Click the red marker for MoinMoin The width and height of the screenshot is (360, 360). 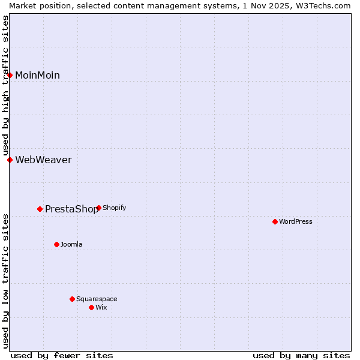(x=10, y=75)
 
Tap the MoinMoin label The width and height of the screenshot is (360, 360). (x=37, y=75)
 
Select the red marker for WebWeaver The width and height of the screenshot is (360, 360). (x=10, y=160)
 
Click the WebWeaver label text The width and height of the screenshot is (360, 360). (x=43, y=160)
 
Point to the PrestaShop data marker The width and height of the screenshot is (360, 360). (x=40, y=209)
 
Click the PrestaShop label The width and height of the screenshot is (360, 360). (x=71, y=209)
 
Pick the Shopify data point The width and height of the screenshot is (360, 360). (x=98, y=208)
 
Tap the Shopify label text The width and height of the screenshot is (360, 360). (x=114, y=208)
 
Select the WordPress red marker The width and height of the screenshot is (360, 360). (x=275, y=221)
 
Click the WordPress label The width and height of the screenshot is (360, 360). (x=295, y=221)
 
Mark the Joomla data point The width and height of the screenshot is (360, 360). (x=57, y=244)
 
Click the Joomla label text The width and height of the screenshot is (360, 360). (x=71, y=244)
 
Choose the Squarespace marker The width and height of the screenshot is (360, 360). (x=72, y=299)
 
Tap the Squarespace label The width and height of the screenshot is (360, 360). (x=97, y=299)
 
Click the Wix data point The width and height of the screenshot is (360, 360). (x=91, y=307)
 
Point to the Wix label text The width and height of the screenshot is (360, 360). (x=101, y=307)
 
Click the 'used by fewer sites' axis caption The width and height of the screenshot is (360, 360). (x=62, y=355)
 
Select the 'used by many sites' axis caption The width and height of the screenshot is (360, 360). (x=301, y=355)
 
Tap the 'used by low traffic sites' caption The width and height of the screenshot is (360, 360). (x=5, y=280)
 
